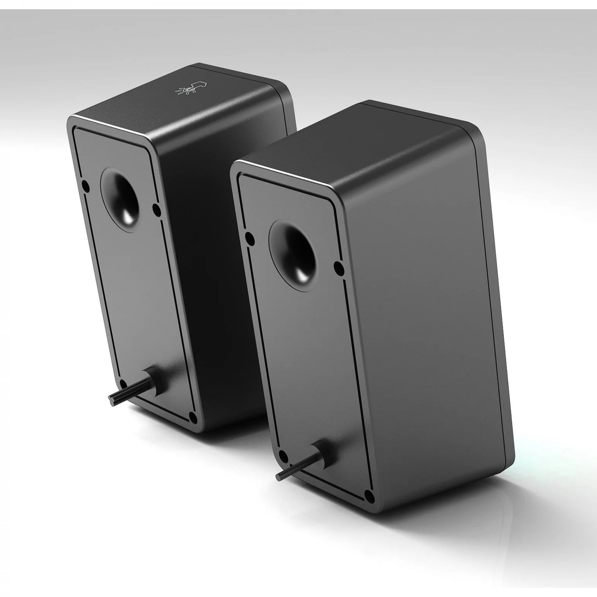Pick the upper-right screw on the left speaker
click(156, 208)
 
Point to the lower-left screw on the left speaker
click(123, 383)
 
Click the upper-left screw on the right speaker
click(250, 239)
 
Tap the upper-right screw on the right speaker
click(338, 265)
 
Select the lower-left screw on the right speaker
click(283, 455)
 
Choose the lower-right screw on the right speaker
click(369, 495)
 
